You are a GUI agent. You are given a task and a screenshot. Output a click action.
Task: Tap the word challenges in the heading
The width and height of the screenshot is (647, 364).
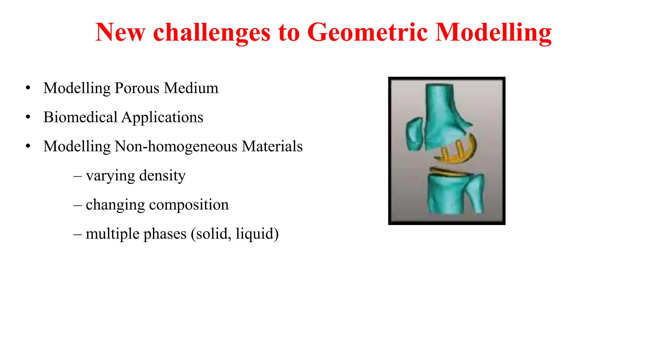point(212,32)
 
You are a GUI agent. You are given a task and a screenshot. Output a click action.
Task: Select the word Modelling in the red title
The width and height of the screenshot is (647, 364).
point(493,32)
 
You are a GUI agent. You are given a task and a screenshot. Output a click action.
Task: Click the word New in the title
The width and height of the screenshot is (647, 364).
point(120,32)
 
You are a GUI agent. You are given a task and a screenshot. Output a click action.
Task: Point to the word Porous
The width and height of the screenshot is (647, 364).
point(137,88)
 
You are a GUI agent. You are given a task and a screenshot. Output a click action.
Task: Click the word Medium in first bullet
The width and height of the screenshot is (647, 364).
point(191,88)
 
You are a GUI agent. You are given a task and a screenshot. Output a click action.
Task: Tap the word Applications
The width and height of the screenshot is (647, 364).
point(162,118)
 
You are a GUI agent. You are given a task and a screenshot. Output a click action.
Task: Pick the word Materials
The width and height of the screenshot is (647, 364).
point(272,146)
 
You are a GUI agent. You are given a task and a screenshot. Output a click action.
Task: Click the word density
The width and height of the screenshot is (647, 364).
point(162,176)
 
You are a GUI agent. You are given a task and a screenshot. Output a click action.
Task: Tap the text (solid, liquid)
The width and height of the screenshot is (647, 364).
point(235,234)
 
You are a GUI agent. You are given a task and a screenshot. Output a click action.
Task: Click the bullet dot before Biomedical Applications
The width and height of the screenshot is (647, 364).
point(28,117)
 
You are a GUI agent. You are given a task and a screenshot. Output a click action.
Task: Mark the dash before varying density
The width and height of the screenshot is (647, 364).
point(77,176)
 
